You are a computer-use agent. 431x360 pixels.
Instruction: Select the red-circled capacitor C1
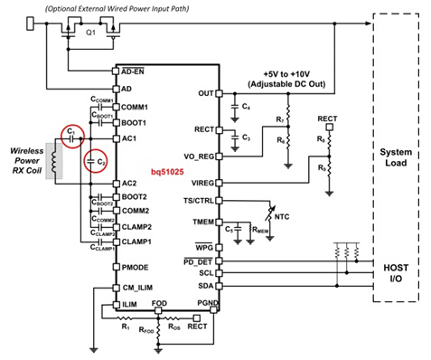pos(70,135)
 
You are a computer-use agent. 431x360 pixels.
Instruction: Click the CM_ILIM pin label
pos(136,288)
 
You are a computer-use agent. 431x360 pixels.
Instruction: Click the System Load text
pos(396,156)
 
